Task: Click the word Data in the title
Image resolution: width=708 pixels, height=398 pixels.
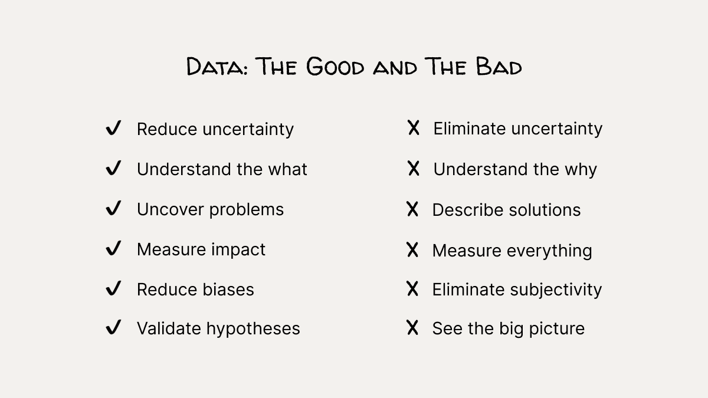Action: coord(217,66)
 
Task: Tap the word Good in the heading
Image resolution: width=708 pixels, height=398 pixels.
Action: coord(335,66)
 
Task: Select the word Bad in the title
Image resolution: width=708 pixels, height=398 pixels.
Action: coord(499,66)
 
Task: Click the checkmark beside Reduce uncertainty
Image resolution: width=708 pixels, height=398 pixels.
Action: coord(113,128)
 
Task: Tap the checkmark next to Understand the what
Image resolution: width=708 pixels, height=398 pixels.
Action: coord(113,168)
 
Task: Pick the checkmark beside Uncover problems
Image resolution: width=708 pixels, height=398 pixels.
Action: coord(113,208)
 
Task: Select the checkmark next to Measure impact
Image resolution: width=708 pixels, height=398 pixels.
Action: coord(113,248)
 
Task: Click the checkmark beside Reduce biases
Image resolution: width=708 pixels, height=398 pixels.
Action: coord(113,288)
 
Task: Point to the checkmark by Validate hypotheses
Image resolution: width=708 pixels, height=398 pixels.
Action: coord(113,327)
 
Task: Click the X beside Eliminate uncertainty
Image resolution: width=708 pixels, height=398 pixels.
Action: coord(414,128)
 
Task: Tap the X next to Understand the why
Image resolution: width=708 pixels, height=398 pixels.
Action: coord(414,169)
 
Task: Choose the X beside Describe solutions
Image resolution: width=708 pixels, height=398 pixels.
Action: coord(412,209)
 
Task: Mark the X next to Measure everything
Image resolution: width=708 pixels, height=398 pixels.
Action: coord(412,250)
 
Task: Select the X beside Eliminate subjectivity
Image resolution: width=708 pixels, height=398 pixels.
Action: coord(412,289)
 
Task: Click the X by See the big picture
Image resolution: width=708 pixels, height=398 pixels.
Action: coord(412,328)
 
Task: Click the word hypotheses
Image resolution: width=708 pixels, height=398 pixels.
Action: coord(253,330)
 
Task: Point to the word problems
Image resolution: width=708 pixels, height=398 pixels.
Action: coord(247,210)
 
